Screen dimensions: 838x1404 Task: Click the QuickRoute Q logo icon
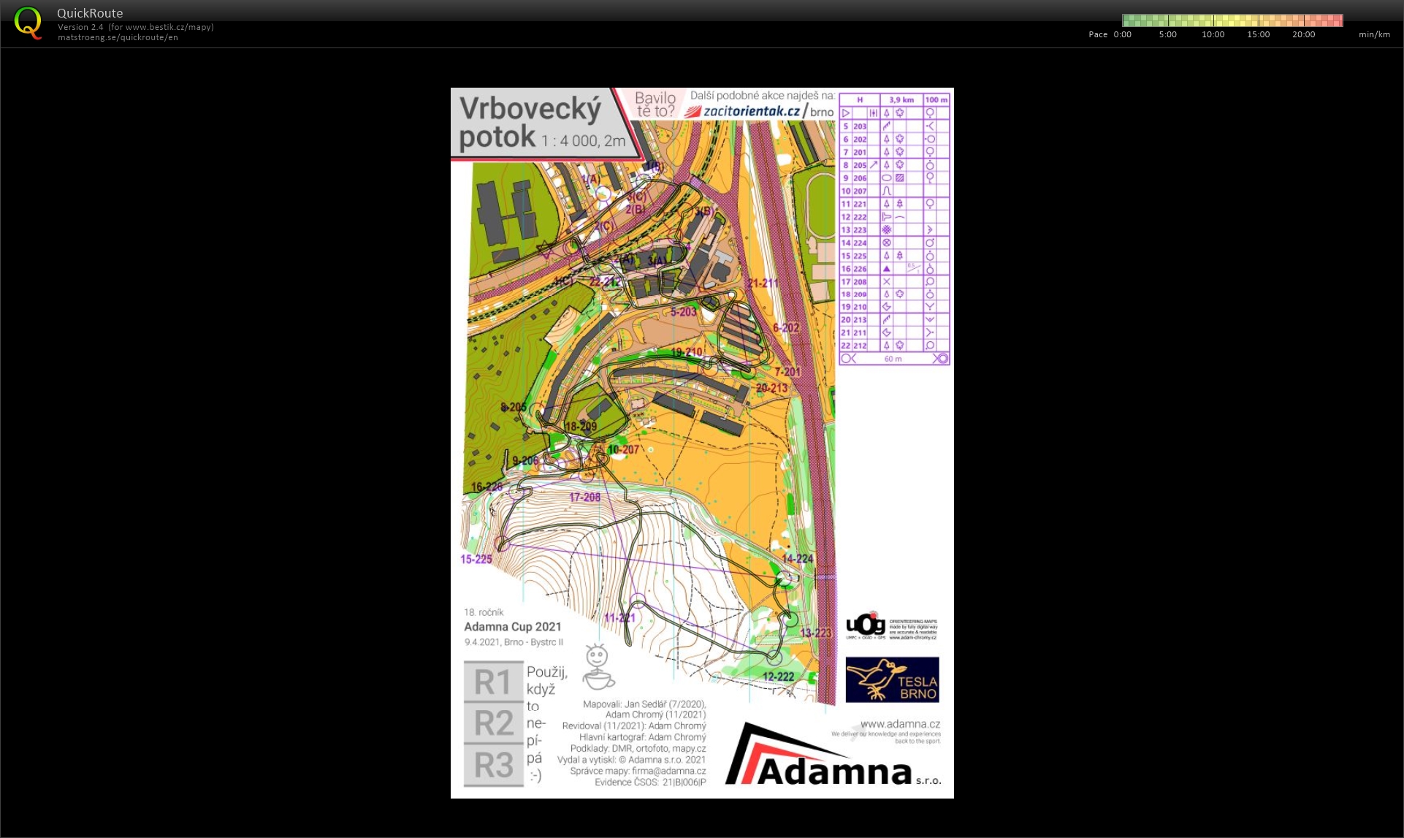(x=28, y=23)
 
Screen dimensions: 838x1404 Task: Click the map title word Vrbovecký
(x=530, y=109)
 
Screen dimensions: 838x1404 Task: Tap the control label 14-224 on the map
(x=797, y=559)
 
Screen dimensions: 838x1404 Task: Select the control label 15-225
(x=476, y=560)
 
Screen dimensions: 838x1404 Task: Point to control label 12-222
(x=778, y=677)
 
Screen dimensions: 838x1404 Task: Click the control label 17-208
(x=584, y=498)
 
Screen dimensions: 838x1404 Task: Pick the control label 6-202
(x=786, y=328)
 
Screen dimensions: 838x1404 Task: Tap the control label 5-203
(x=684, y=312)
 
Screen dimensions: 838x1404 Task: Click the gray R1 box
(x=494, y=682)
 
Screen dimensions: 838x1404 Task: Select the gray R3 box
(x=494, y=766)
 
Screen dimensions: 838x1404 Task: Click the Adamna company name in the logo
(x=835, y=772)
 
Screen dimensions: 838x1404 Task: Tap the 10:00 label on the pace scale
(x=1213, y=34)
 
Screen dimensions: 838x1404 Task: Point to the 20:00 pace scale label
(x=1303, y=34)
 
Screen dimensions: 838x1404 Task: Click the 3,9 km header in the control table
(x=901, y=100)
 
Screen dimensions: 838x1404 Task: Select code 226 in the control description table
(x=860, y=269)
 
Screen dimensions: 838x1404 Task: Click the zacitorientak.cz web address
(x=751, y=111)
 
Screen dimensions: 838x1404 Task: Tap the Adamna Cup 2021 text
(x=513, y=627)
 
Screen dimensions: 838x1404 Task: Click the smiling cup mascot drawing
(x=598, y=667)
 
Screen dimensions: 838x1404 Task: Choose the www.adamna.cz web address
(x=900, y=724)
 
